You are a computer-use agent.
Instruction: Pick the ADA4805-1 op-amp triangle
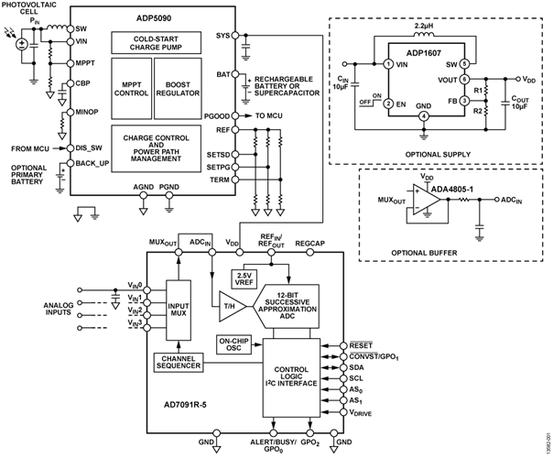420,196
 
